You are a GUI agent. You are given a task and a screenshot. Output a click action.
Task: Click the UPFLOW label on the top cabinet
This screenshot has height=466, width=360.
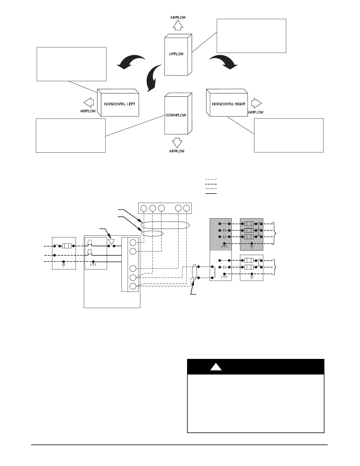[176, 54]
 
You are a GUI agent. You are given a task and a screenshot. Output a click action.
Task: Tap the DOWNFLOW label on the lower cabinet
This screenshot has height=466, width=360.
[176, 115]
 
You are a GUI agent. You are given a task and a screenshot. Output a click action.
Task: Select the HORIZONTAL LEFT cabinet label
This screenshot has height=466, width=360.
[119, 104]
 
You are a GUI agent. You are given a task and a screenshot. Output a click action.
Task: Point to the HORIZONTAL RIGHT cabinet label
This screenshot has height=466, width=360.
[229, 104]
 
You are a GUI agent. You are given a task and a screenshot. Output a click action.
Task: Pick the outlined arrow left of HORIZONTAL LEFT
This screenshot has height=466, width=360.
[89, 103]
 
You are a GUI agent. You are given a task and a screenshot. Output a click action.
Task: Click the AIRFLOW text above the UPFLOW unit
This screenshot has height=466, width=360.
[178, 18]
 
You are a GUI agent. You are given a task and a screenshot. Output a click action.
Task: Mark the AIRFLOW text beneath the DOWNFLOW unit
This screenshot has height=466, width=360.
[177, 151]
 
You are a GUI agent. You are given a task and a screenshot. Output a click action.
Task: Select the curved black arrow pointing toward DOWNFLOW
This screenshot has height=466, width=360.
[154, 78]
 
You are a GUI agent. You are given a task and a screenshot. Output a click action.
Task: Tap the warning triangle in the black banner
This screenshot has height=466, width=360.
[216, 367]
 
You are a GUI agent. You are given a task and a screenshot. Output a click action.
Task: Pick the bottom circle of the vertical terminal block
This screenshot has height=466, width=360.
[133, 286]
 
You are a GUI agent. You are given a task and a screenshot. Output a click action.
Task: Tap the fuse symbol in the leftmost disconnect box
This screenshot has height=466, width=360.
[67, 246]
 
